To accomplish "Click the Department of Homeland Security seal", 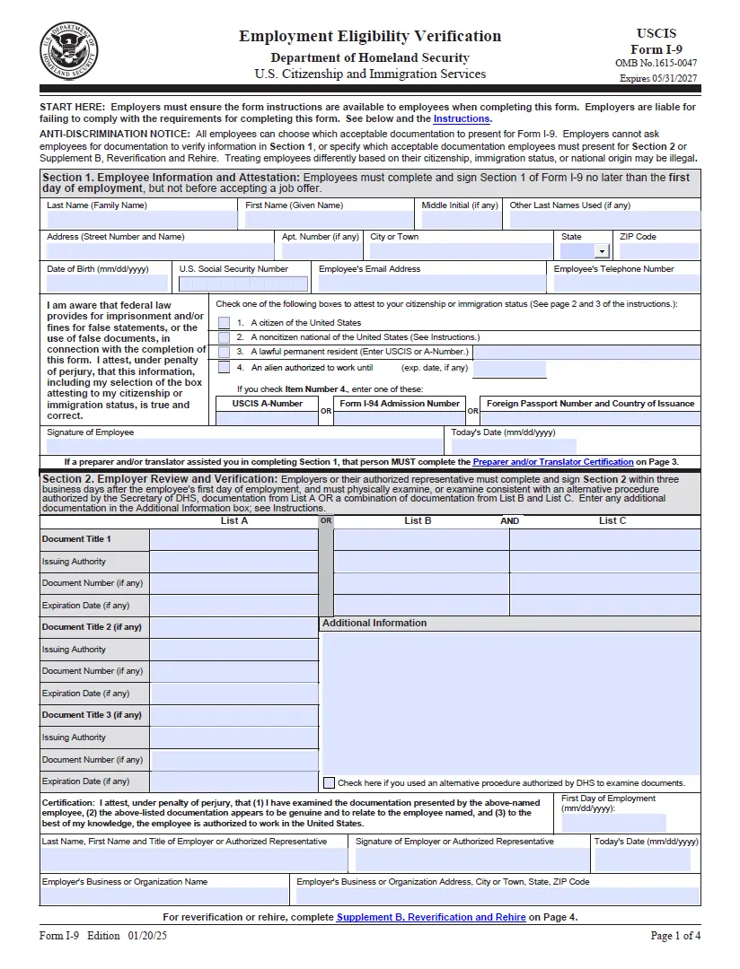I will point(69,49).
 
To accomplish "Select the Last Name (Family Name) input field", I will point(140,220).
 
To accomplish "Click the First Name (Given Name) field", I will point(329,220).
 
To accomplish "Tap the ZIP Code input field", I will point(658,252).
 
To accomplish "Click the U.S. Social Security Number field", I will point(243,284).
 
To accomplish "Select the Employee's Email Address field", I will point(431,284).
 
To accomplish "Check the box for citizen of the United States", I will point(225,323).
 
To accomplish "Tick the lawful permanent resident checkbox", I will point(225,352).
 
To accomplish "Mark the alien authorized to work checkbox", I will point(225,367).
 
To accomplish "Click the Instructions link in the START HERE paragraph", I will point(462,118).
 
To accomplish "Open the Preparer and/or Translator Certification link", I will point(553,462).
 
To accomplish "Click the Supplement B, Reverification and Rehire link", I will point(431,917).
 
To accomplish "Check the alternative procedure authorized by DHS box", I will point(329,782).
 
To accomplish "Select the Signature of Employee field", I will point(242,446).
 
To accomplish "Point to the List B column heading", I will point(418,520).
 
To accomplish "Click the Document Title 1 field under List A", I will point(233,540).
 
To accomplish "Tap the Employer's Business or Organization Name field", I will point(166,895).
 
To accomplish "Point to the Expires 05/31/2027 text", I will point(657,78).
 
